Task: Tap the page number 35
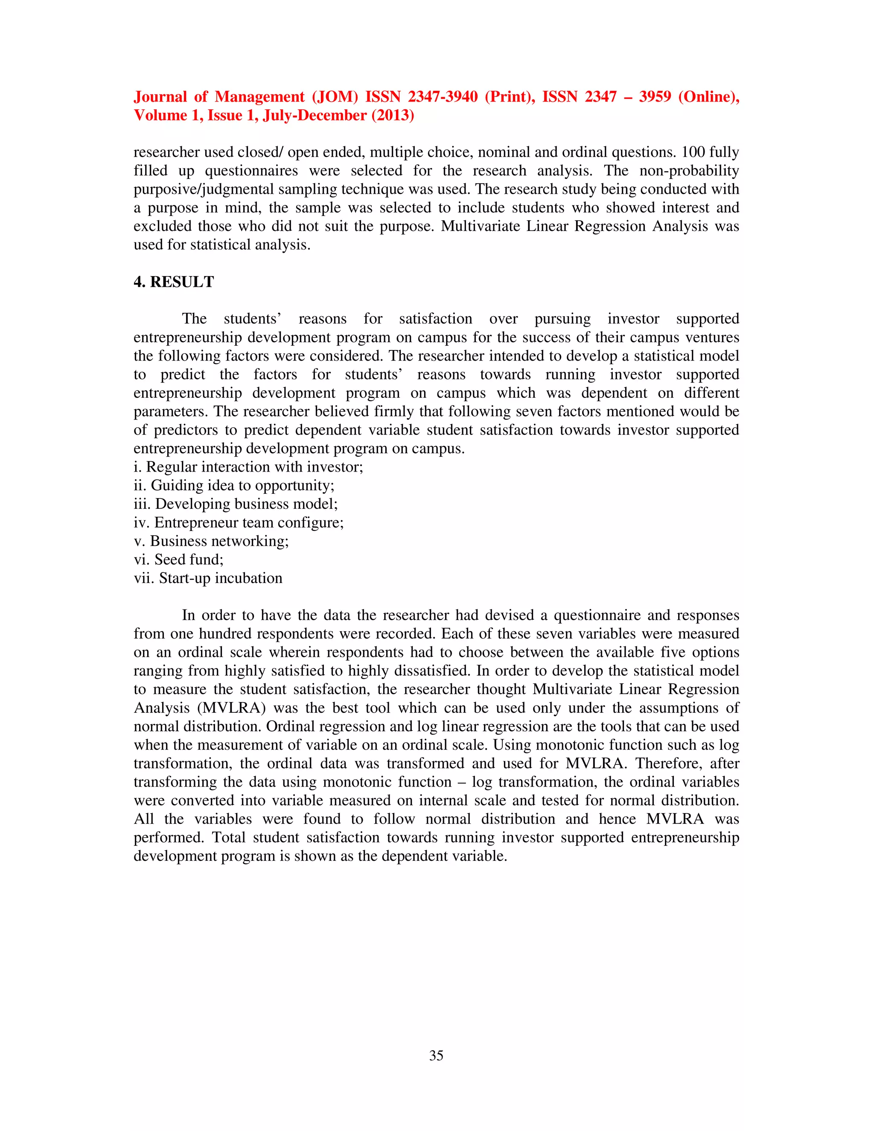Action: pyautogui.click(x=436, y=1055)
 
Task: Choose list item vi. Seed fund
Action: pyautogui.click(x=179, y=559)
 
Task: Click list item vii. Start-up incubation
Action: pyautogui.click(x=208, y=578)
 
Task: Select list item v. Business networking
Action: pyautogui.click(x=211, y=541)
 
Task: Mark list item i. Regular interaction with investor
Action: pyautogui.click(x=248, y=466)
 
